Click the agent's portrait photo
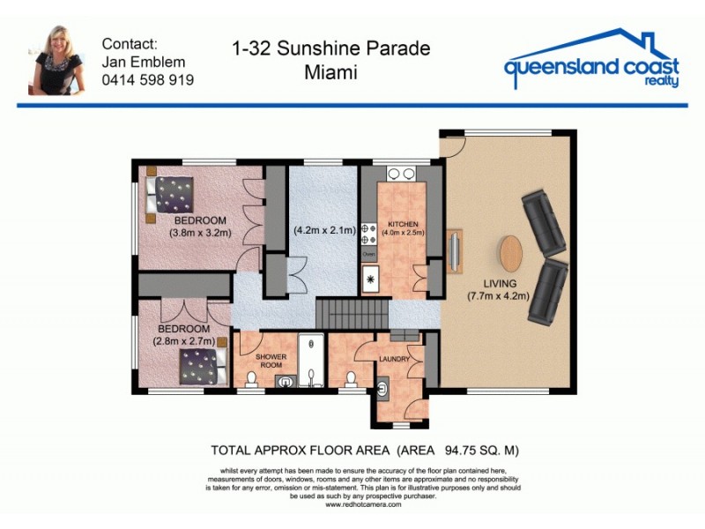point(57,60)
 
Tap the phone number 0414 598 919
point(148,80)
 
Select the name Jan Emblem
point(143,62)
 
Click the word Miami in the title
point(331,72)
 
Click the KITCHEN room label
point(401,224)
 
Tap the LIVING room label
point(498,283)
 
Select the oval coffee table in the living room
point(511,253)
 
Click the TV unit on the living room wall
point(454,251)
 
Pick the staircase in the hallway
point(352,313)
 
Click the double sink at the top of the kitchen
point(401,175)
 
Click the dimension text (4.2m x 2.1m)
point(323,231)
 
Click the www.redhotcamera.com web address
point(363,504)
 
